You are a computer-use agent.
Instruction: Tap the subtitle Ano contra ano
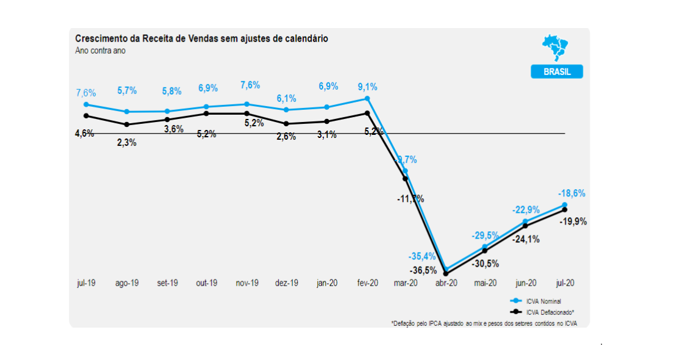coord(100,51)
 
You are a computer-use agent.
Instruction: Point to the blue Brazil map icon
coord(555,48)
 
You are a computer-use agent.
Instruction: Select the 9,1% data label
coord(367,86)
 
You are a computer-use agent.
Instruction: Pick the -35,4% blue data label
coord(422,255)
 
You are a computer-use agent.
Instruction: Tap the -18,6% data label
coord(573,193)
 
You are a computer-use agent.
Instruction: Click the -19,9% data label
coord(574,221)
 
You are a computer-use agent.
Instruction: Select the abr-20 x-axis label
coord(445,284)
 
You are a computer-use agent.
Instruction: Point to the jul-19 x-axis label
coord(86,284)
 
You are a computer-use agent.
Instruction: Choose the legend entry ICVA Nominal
coord(543,301)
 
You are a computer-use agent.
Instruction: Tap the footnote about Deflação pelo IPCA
coord(484,323)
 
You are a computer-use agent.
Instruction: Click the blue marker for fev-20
coord(367,98)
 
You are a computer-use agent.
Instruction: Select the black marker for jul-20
coord(564,210)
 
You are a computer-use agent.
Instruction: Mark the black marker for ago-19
coord(126,124)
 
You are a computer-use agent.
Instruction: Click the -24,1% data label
coord(526,239)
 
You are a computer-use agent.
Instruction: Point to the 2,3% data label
coord(126,143)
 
